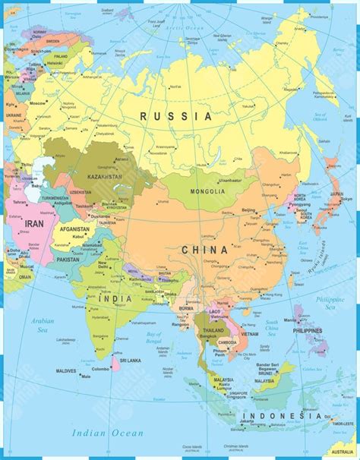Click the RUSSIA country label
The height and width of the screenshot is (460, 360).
click(175, 116)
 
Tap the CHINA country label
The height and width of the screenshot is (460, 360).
click(204, 249)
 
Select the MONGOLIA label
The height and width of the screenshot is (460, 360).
click(207, 191)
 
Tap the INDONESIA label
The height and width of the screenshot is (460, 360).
click(280, 415)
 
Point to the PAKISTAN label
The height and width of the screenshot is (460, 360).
click(68, 259)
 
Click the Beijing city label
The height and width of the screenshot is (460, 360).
click(248, 210)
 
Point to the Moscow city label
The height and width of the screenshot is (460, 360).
click(36, 102)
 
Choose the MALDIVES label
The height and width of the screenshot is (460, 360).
click(66, 370)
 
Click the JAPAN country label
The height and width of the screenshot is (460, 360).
click(336, 193)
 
